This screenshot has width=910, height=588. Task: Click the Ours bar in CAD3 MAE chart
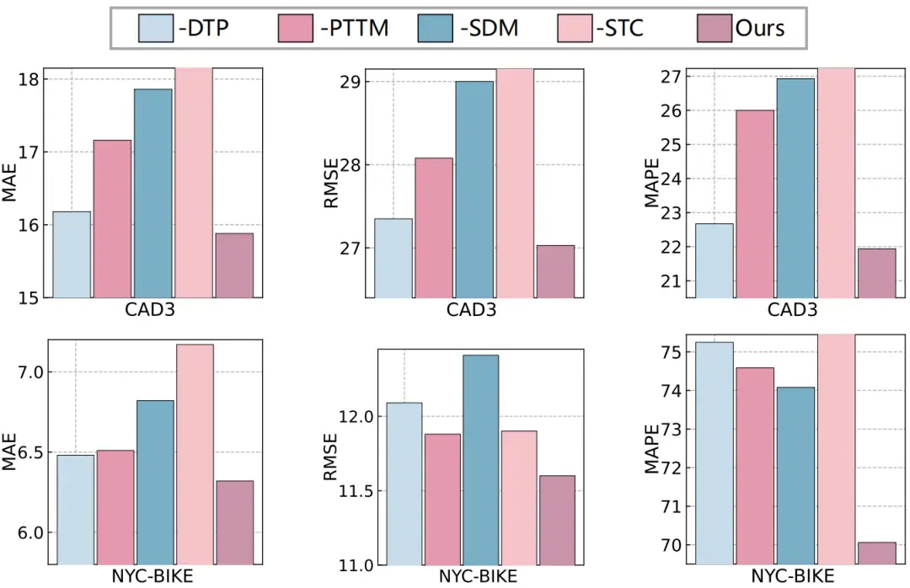tap(234, 265)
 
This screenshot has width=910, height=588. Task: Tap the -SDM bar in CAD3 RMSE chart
tap(474, 190)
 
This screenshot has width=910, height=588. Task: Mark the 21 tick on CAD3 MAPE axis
tap(671, 281)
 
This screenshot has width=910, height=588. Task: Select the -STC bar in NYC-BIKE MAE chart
tap(194, 455)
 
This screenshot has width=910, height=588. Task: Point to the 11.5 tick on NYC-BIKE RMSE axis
tap(356, 491)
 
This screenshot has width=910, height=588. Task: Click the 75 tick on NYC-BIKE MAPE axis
tap(671, 352)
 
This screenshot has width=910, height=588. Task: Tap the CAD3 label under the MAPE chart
tap(792, 309)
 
